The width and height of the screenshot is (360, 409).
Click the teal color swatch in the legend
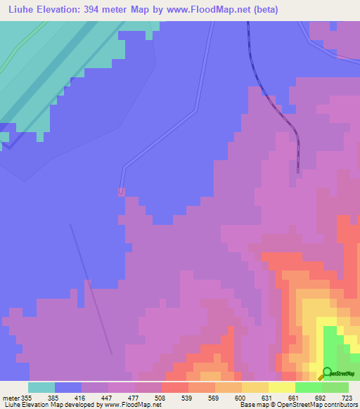pyautogui.click(x=41, y=387)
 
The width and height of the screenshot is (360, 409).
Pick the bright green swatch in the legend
pyautogui.click(x=309, y=387)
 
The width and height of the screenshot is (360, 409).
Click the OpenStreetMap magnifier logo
pyautogui.click(x=328, y=374)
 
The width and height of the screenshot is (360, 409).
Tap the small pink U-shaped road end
pyautogui.click(x=121, y=190)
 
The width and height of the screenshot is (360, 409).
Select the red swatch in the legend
pyautogui.click(x=175, y=387)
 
